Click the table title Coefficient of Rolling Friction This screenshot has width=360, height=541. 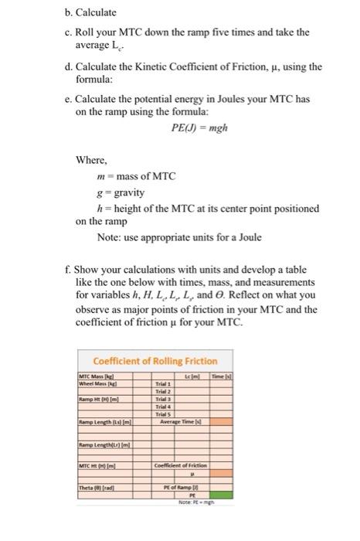pyautogui.click(x=155, y=361)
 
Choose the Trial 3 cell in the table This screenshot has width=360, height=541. pyautogui.click(x=164, y=398)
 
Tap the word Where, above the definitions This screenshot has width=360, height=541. pyautogui.click(x=91, y=160)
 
